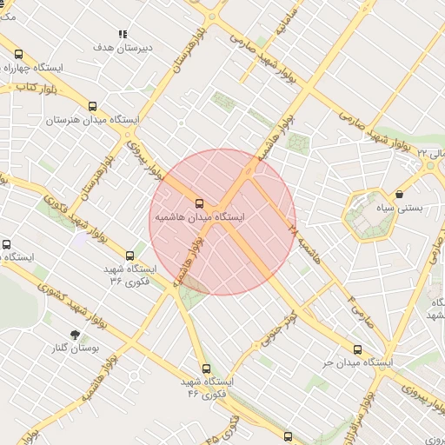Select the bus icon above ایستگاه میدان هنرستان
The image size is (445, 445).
click(x=93, y=106)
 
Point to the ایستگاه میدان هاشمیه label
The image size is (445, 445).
click(x=200, y=215)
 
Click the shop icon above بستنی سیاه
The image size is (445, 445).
click(x=399, y=195)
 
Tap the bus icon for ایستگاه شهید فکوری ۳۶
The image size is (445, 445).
click(x=130, y=256)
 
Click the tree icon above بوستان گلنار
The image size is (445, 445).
click(x=75, y=335)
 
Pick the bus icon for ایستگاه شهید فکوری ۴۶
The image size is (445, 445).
click(x=206, y=369)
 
